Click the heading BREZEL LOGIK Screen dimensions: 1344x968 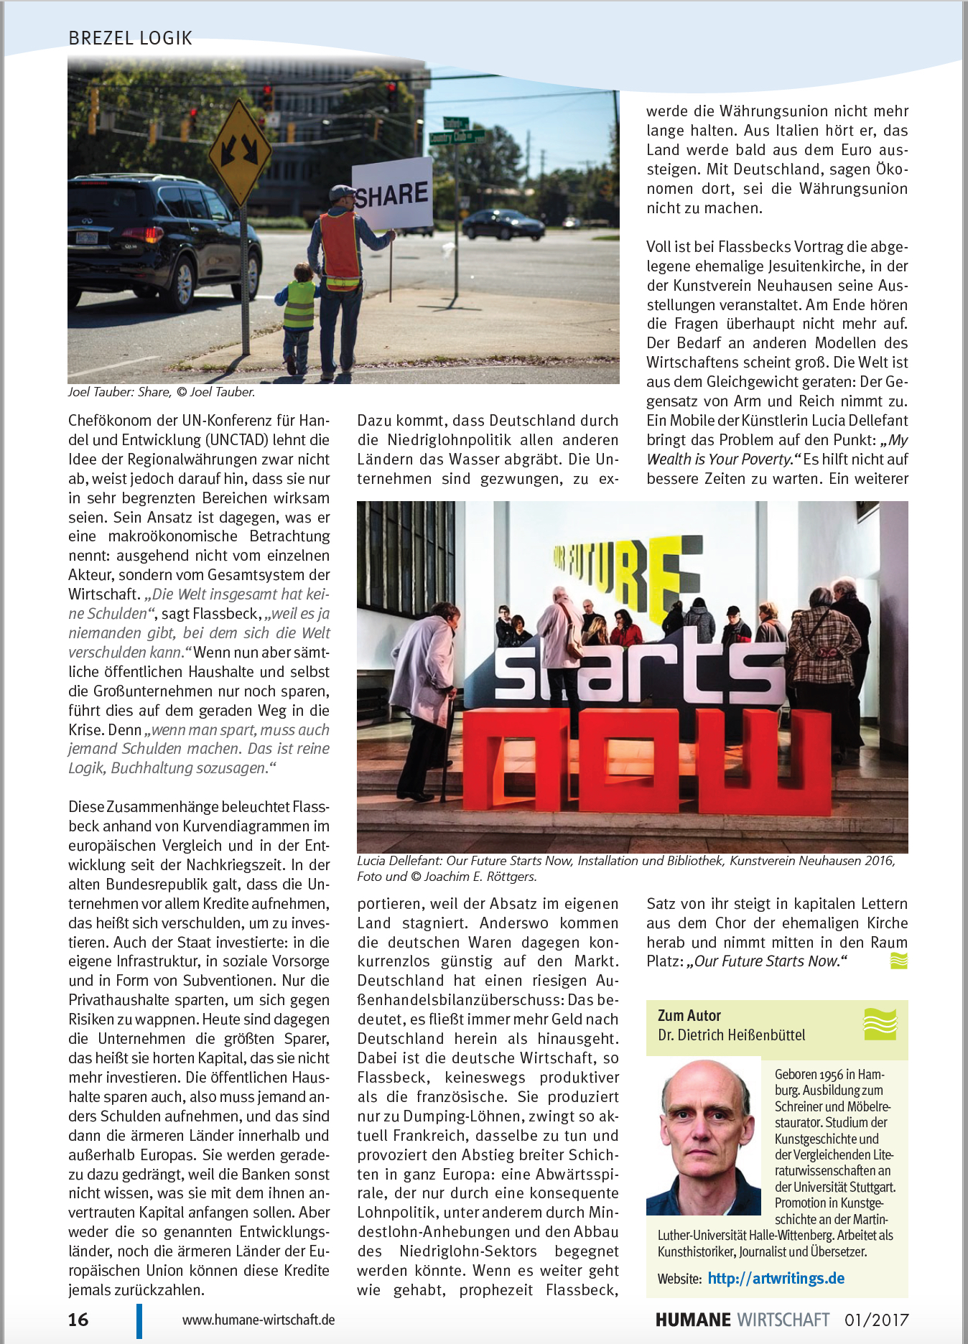point(130,38)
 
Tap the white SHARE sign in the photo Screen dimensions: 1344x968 point(392,194)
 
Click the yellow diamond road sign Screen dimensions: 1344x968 point(239,151)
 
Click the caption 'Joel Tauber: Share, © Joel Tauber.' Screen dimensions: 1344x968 point(162,392)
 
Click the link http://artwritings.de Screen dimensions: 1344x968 point(776,1278)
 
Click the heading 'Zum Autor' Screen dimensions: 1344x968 point(689,1015)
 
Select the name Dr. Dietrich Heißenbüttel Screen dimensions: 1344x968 point(731,1035)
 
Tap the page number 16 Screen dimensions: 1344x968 point(78,1320)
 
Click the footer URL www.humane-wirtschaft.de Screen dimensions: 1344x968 point(259,1320)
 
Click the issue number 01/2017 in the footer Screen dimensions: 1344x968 point(876,1320)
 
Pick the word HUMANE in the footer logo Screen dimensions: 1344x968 point(692,1320)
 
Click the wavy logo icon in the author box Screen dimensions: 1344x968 point(880,1024)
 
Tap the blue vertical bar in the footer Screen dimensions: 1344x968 point(139,1320)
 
